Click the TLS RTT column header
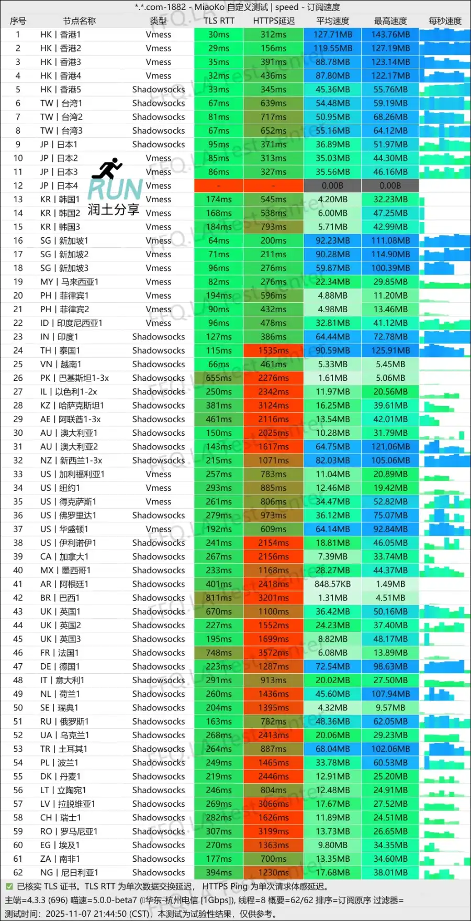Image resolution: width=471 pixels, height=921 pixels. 219,21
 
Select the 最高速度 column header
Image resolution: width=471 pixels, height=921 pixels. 390,21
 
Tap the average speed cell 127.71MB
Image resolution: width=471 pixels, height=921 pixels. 332,35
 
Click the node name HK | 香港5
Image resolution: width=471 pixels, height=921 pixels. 61,90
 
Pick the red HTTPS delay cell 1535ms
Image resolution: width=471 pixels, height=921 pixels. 273,350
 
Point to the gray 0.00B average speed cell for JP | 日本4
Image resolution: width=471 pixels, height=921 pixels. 332,185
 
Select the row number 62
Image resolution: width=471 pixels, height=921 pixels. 18,872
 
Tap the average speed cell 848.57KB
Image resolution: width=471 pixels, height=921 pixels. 332,584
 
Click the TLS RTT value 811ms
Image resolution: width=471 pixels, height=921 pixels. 219,598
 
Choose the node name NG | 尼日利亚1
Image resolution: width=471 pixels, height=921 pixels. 69,872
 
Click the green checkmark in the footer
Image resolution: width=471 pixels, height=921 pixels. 9,886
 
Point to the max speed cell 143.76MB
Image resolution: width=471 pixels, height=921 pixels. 390,35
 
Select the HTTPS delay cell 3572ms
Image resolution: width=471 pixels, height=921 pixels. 273,653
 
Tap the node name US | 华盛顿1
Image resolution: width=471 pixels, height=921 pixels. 64,529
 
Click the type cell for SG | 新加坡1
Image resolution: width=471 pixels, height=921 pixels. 159,240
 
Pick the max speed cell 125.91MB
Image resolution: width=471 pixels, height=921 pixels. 390,350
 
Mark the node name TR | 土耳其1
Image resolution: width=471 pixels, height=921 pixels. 64,749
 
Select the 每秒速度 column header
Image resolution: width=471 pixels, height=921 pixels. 445,21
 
